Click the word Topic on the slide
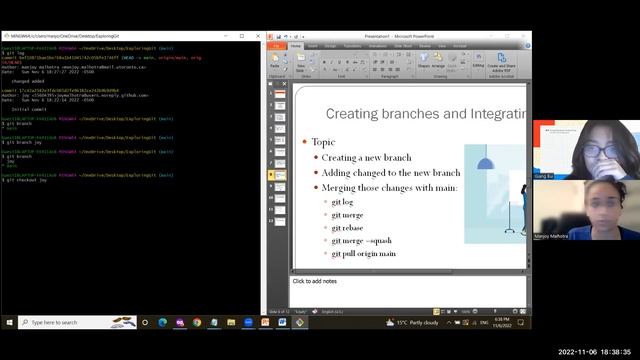coord(323,143)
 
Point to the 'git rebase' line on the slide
coord(351,228)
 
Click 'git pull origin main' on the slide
coord(364,254)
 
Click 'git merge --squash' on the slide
coord(365,241)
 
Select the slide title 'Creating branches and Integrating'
coord(425,115)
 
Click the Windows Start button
coord(9,323)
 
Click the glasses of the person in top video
coord(592,150)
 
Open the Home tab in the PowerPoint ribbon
coord(296,45)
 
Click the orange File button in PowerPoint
coord(276,45)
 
